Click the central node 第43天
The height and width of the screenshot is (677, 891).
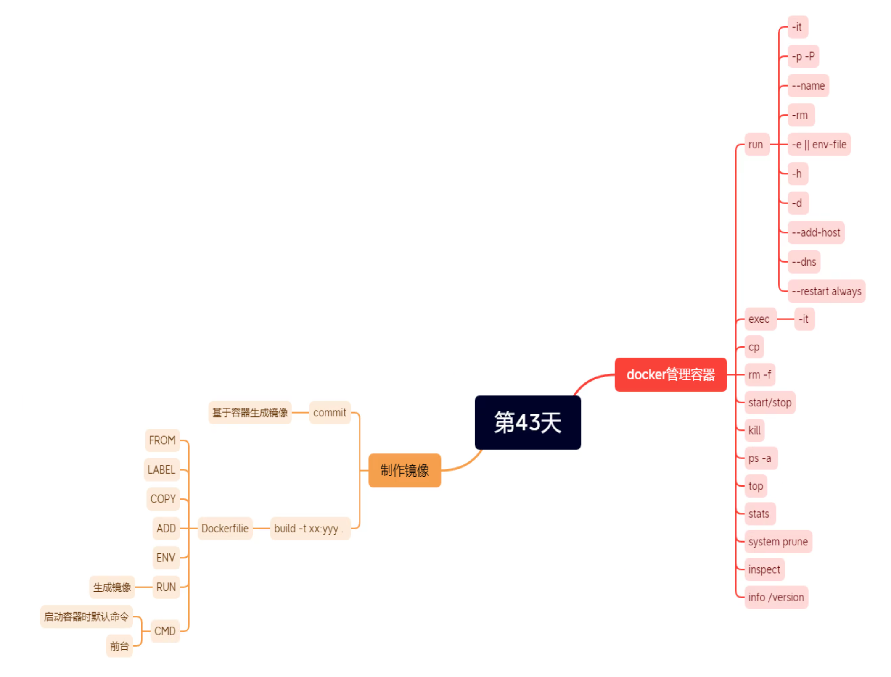[x=527, y=422]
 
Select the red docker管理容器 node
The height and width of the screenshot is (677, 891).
[x=670, y=374]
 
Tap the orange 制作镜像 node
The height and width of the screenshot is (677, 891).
[x=405, y=470]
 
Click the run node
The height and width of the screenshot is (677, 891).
[x=756, y=145]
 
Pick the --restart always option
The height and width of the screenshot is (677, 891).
[x=826, y=291]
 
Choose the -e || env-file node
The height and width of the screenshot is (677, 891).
[x=819, y=145]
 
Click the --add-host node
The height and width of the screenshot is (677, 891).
[x=816, y=232]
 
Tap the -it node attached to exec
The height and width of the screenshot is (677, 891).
[x=804, y=319]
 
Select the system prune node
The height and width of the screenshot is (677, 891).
[x=778, y=542]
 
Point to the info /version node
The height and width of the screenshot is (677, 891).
[x=776, y=597]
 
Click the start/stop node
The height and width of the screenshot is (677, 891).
[x=769, y=403]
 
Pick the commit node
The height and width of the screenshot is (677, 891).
[x=330, y=413]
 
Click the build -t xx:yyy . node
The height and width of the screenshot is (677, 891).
[x=309, y=528]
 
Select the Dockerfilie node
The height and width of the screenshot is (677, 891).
[x=225, y=528]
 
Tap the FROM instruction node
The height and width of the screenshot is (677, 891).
[x=162, y=440]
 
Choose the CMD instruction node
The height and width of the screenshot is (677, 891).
[x=165, y=631]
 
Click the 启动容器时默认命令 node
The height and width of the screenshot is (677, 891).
[x=86, y=616]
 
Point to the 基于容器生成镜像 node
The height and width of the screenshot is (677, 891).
[x=250, y=413]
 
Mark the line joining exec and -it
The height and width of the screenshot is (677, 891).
[x=785, y=319]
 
